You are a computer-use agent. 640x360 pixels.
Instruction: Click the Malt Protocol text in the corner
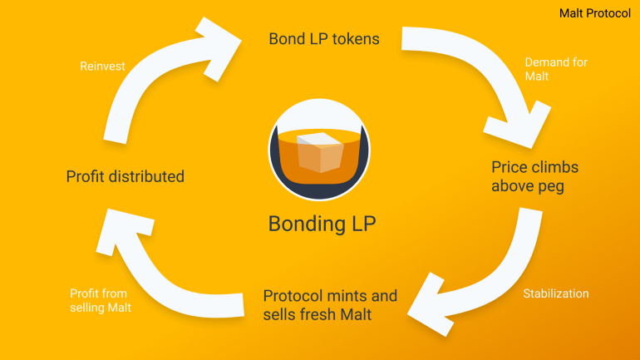pos(594,12)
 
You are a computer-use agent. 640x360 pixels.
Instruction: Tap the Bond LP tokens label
pos(325,38)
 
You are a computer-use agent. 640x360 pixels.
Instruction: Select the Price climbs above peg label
pos(534,176)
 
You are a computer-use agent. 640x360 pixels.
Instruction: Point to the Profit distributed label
pos(125,176)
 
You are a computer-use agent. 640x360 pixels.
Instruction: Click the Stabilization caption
pos(555,293)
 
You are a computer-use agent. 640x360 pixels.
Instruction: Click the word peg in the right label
pos(549,185)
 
